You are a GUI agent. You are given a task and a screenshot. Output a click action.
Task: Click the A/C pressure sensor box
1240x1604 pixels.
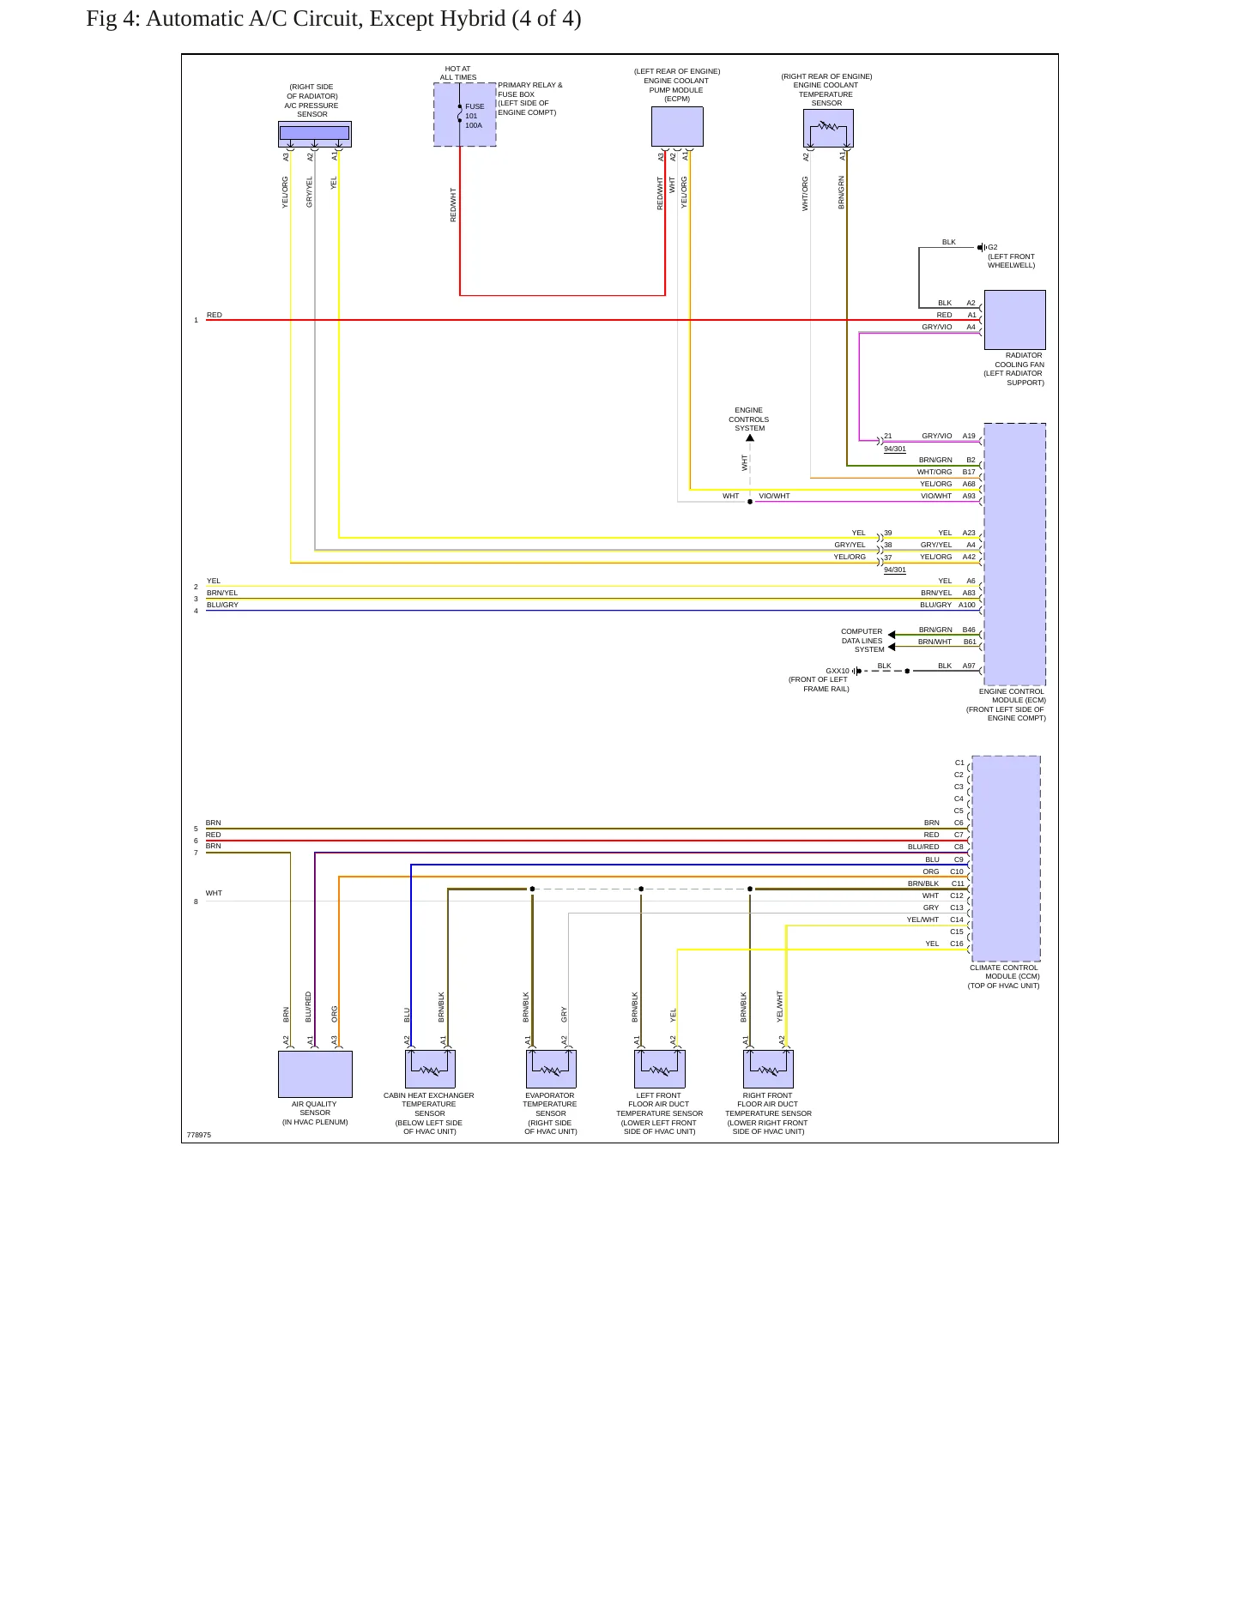[315, 134]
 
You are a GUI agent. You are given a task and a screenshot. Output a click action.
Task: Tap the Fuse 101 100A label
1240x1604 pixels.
[475, 116]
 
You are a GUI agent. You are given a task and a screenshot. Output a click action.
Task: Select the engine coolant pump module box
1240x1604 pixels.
[677, 127]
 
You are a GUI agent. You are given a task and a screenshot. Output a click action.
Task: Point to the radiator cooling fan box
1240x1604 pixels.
[1014, 320]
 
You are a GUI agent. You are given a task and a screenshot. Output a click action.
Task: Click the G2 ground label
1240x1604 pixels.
[993, 247]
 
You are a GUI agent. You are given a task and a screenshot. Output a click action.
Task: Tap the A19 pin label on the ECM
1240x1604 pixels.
[969, 436]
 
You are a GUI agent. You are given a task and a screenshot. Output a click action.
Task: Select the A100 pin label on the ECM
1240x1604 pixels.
[967, 605]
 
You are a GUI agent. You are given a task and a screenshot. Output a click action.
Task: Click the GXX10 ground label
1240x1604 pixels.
[838, 671]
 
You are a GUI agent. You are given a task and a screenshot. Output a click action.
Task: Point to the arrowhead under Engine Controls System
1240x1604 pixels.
[750, 438]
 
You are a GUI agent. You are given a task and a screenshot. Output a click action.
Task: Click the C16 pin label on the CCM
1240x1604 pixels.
[957, 944]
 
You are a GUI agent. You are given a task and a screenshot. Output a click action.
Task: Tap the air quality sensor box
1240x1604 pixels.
[315, 1074]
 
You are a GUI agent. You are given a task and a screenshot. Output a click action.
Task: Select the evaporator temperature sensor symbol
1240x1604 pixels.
[551, 1069]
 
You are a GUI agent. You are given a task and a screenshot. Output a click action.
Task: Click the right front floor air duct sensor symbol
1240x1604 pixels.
[768, 1069]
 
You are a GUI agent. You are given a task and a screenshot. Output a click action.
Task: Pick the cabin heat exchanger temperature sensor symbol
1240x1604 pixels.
[430, 1069]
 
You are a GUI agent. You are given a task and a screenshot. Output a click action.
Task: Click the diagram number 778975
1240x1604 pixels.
[198, 1135]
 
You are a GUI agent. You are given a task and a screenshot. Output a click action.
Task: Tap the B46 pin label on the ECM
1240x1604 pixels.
[969, 630]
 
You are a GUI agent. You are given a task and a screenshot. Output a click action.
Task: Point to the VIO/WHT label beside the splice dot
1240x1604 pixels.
[774, 496]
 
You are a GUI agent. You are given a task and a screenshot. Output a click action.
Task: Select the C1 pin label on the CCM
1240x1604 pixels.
[959, 763]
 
